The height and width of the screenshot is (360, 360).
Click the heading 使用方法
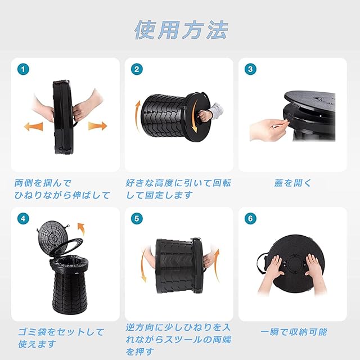click(x=181, y=30)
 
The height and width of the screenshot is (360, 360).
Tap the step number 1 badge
click(x=23, y=69)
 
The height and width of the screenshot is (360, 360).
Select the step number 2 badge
click(x=137, y=69)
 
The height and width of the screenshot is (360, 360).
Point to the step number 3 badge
click(x=250, y=69)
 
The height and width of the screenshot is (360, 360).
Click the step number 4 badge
click(x=23, y=219)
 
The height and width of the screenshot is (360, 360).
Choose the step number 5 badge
click(x=137, y=219)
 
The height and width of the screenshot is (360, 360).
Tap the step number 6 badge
click(x=250, y=219)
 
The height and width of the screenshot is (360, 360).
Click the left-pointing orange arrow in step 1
click(x=34, y=127)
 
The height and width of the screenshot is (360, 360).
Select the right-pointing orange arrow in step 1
click(x=98, y=126)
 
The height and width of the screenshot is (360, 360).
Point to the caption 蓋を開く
click(x=292, y=183)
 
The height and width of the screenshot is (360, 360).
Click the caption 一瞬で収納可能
click(x=294, y=332)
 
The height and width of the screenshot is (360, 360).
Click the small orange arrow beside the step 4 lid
click(x=81, y=228)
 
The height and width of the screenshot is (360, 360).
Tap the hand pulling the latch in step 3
click(x=269, y=129)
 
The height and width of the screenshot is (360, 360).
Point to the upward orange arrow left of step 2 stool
click(x=138, y=116)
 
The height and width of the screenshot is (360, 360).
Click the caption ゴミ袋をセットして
click(x=61, y=332)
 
